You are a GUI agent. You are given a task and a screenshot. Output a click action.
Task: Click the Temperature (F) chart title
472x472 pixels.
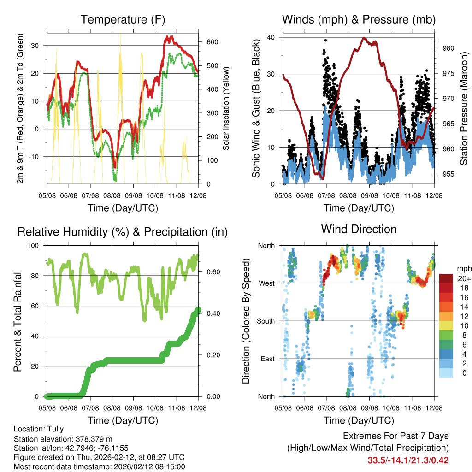tap(123, 19)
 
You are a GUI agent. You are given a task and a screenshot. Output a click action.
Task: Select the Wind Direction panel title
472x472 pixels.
tap(359, 229)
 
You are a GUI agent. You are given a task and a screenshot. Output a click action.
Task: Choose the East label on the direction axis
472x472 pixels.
tap(267, 359)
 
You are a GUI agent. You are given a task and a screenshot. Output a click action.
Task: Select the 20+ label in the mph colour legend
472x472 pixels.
tap(463, 279)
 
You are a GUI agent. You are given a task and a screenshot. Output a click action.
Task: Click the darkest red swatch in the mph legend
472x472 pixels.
tap(446, 278)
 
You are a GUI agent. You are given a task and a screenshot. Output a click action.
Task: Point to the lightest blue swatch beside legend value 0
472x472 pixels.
tap(446, 373)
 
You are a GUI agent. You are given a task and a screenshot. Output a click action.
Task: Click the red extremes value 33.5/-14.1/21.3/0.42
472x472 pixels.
tap(408, 460)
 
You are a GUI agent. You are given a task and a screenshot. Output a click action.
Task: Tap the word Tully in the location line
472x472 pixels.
tap(55, 429)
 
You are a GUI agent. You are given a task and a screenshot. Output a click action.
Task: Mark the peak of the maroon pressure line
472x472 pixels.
tap(364, 38)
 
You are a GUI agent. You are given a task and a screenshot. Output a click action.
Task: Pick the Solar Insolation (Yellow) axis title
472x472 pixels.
tap(226, 108)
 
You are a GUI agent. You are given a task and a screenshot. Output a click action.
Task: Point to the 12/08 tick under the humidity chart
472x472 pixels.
tap(198, 408)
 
